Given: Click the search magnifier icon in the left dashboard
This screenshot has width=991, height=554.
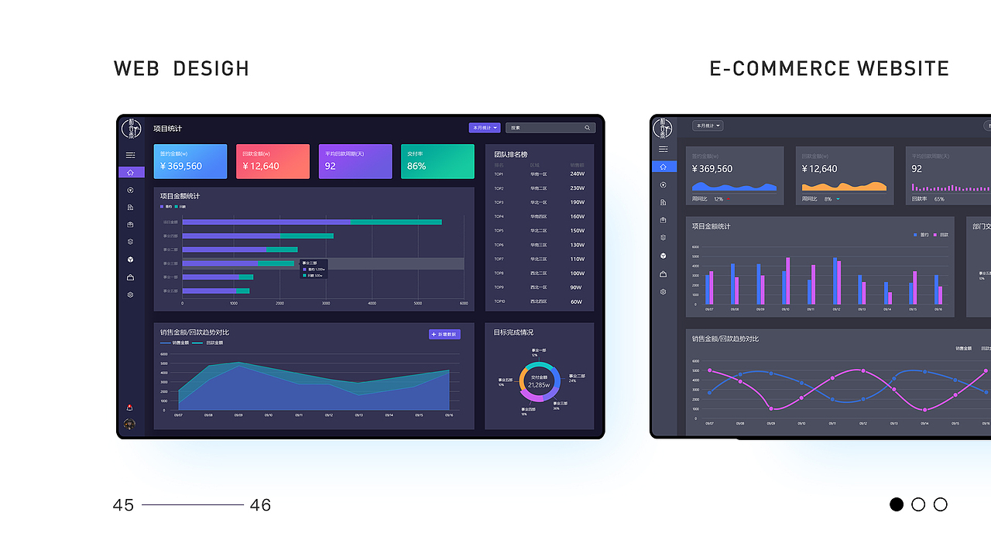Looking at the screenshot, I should point(587,128).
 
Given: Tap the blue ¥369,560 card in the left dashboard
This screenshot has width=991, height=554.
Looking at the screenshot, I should point(190,161).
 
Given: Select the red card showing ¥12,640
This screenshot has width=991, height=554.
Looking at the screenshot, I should point(273,161).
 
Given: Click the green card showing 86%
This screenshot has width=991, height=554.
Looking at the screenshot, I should point(437,161).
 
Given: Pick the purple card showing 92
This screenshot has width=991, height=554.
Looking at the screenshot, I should point(355,161).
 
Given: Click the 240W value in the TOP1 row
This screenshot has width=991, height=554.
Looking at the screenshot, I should point(577,174).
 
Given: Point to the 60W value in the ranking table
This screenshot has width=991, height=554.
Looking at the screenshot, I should point(576,301).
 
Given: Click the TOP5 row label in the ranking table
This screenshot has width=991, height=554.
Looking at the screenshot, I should point(499,231).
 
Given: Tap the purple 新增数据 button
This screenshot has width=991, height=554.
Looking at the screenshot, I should point(444,334).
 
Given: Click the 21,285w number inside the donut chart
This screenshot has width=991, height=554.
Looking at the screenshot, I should point(539,385).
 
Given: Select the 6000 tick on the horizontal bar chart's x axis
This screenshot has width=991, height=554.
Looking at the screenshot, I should point(464,304).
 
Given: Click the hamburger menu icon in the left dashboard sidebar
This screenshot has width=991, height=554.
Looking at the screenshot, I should point(131,155).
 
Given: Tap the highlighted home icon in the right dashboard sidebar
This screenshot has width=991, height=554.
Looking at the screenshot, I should point(663,167).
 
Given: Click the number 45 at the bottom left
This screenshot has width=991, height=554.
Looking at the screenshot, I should point(123,505).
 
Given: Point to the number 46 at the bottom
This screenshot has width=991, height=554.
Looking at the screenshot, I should point(260,505).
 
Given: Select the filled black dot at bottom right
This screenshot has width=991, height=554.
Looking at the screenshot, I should point(897,504).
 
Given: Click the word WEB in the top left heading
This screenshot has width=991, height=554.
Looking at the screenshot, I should point(136,68).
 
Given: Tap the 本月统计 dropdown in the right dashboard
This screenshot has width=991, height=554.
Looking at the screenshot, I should point(707,126).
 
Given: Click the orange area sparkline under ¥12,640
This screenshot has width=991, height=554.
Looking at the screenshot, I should point(844,186).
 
